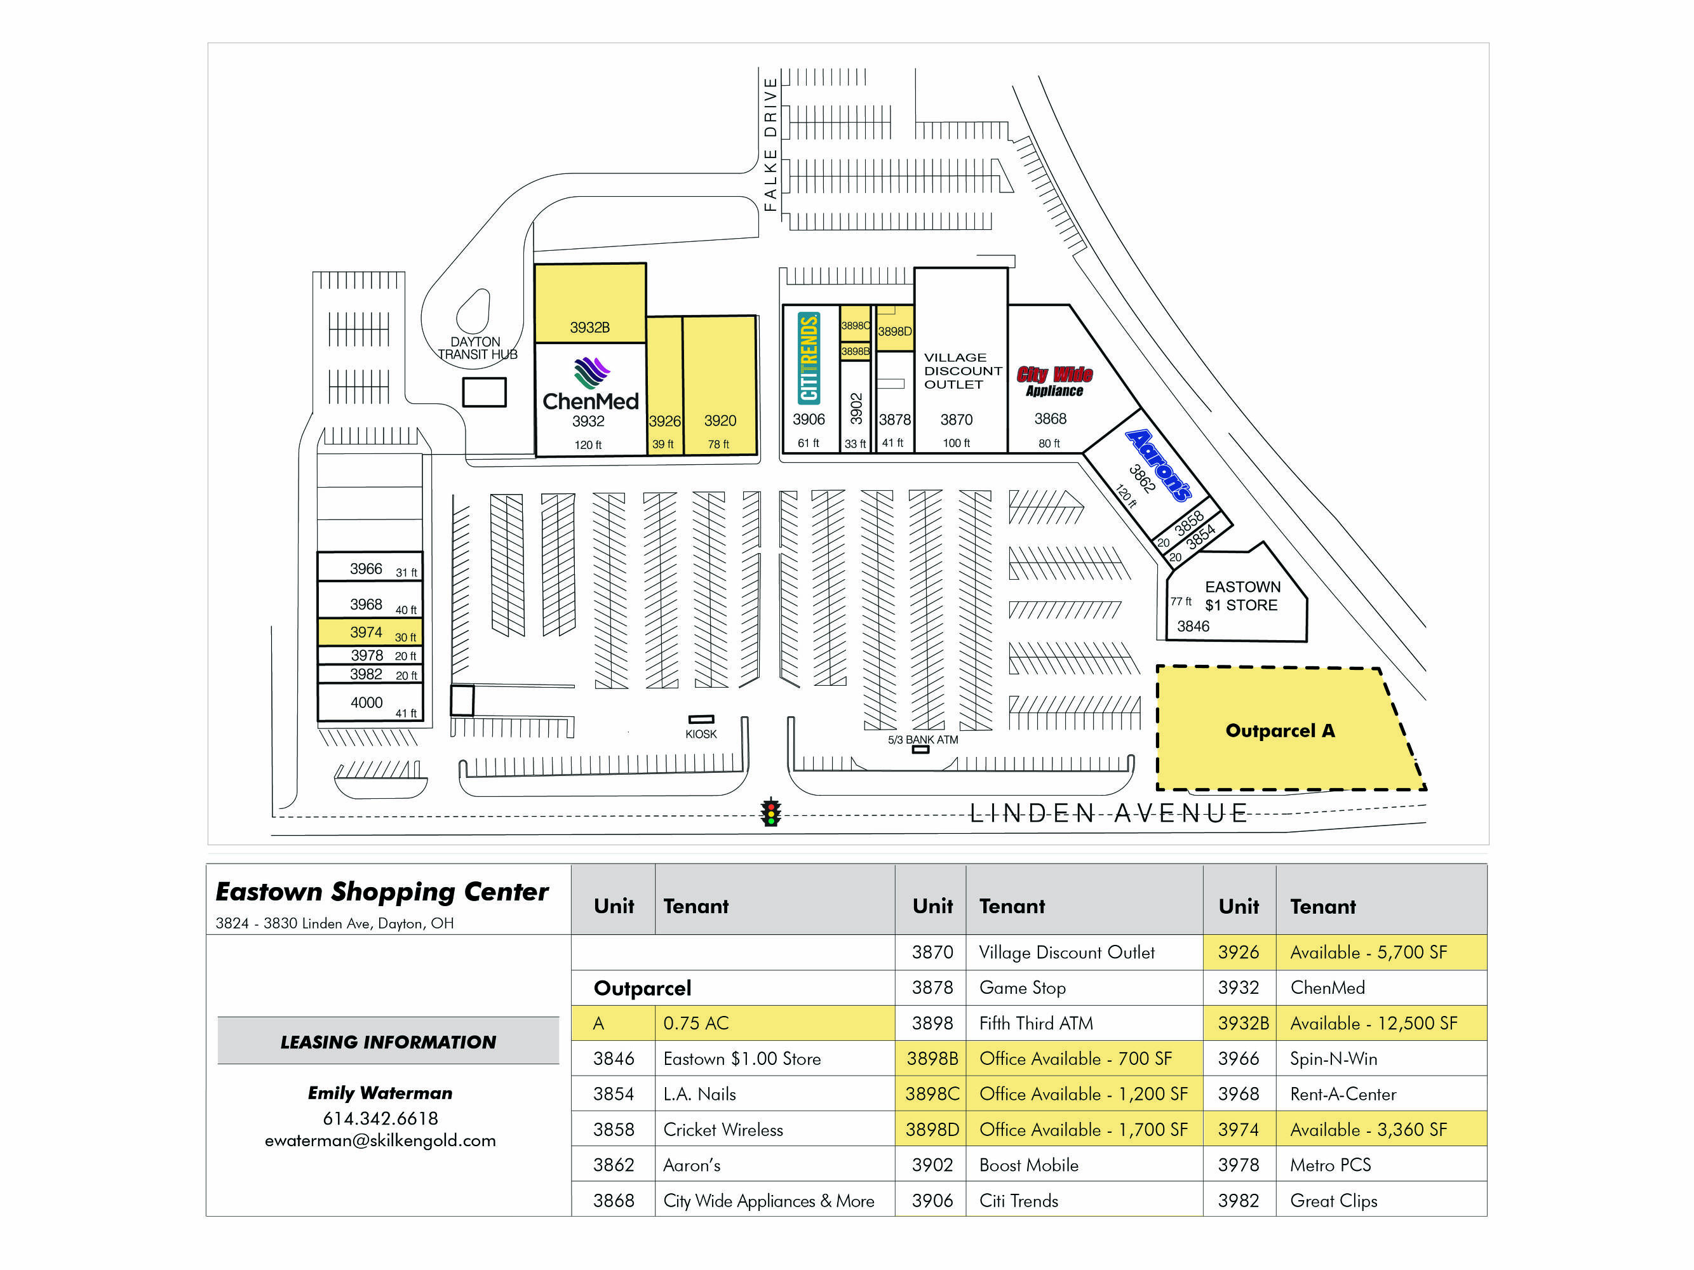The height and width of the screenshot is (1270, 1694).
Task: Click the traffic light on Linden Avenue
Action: pos(770,812)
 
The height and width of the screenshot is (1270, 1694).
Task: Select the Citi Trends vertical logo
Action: pos(809,357)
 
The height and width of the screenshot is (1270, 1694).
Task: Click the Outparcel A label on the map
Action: pos(1280,730)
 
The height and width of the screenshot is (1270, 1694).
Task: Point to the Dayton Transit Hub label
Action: pos(477,349)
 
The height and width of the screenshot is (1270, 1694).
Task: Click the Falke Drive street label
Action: pos(770,144)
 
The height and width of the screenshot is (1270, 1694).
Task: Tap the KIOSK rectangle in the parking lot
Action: pos(701,719)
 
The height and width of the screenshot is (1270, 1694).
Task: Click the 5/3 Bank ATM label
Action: pos(922,740)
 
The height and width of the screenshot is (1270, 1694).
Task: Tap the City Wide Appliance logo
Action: pos(1054,380)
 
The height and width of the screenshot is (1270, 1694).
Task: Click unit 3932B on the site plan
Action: pos(589,327)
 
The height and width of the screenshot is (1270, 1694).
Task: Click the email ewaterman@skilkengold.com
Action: pos(380,1140)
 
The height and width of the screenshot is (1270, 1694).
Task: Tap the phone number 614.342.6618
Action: pos(380,1118)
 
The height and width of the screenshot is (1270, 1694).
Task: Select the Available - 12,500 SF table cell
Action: pos(1373,1024)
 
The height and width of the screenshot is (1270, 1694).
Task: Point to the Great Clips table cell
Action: pos(1333,1200)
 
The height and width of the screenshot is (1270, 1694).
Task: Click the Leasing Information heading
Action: pos(387,1042)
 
